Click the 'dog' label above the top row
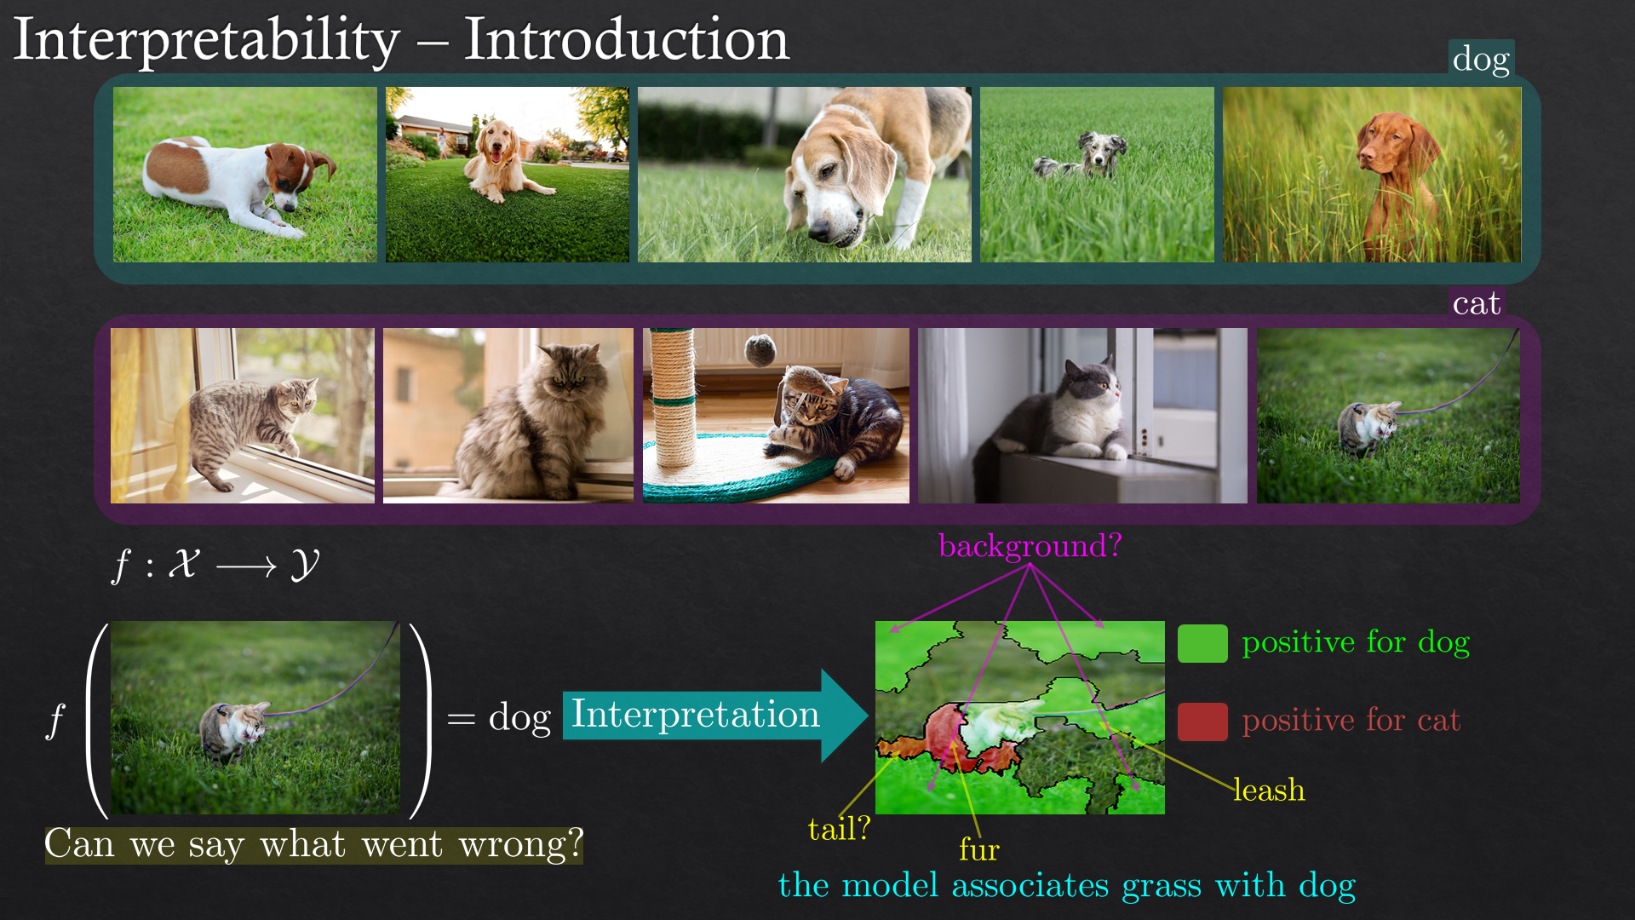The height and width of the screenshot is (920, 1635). [1481, 59]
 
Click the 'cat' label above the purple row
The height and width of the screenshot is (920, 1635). [1476, 303]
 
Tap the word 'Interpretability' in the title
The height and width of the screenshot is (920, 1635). [207, 40]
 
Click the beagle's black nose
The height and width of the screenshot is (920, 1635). [819, 229]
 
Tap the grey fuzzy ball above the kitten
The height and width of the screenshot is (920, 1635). [760, 348]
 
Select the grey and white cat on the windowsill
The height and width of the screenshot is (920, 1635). [1056, 417]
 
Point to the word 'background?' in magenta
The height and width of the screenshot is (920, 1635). [1030, 546]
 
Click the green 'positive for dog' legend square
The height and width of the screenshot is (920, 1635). [1202, 643]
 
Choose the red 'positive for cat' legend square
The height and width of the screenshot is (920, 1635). [1202, 722]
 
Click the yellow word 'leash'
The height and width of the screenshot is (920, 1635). [1269, 790]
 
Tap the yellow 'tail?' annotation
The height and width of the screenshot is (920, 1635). [839, 829]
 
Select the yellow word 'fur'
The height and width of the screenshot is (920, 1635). [979, 849]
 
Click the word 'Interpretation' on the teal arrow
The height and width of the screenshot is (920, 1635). [695, 714]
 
